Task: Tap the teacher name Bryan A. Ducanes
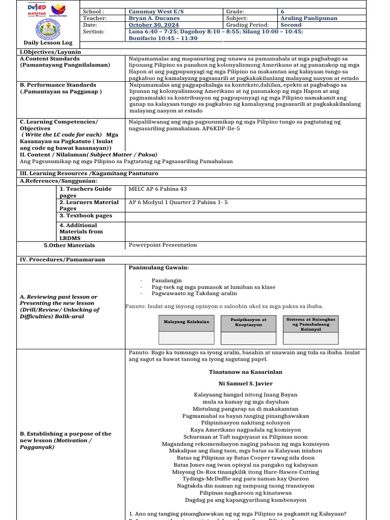pyautogui.click(x=154, y=18)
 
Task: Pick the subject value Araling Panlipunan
pyautogui.click(x=308, y=18)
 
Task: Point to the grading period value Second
pyautogui.click(x=291, y=25)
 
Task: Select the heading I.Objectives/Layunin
pyautogui.click(x=50, y=52)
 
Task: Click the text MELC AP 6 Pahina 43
pyautogui.click(x=158, y=189)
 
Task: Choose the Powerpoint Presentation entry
pyautogui.click(x=162, y=245)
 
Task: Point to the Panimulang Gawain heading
pyautogui.click(x=158, y=268)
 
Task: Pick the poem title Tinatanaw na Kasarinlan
pyautogui.click(x=245, y=372)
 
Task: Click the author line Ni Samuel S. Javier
pyautogui.click(x=245, y=383)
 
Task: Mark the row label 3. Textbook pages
pyautogui.click(x=85, y=216)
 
